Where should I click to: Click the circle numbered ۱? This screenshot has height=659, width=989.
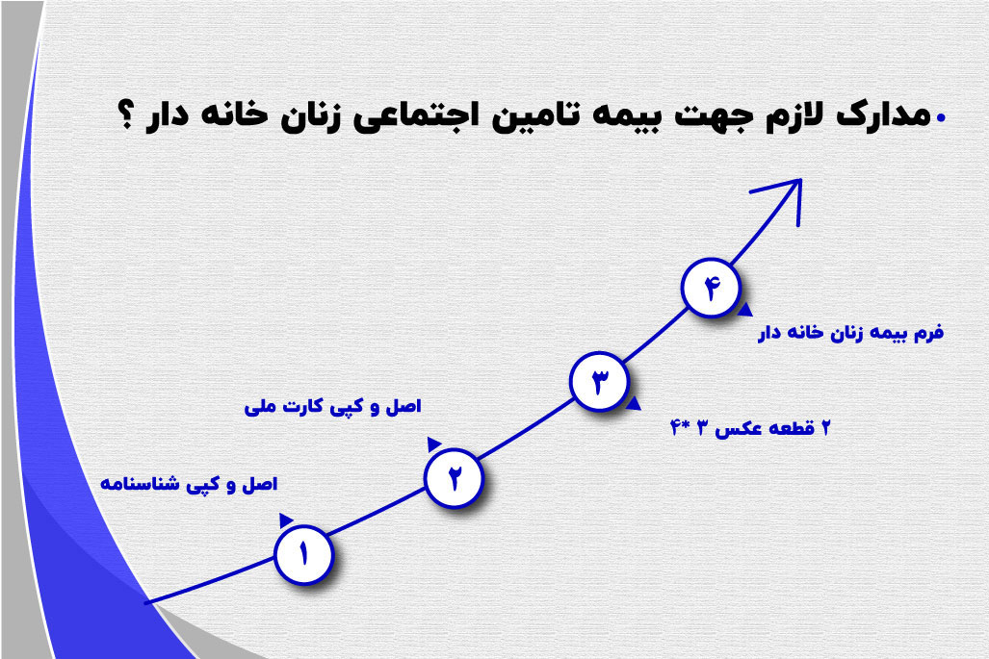(303, 554)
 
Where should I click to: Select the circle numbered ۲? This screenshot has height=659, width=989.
(454, 476)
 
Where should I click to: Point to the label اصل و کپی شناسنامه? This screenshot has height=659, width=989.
(190, 483)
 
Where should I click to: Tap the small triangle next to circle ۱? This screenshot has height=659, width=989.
(286, 520)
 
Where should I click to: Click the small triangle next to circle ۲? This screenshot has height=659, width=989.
(434, 443)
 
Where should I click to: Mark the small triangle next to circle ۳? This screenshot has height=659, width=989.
(633, 404)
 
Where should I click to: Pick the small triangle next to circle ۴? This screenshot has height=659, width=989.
(745, 310)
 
